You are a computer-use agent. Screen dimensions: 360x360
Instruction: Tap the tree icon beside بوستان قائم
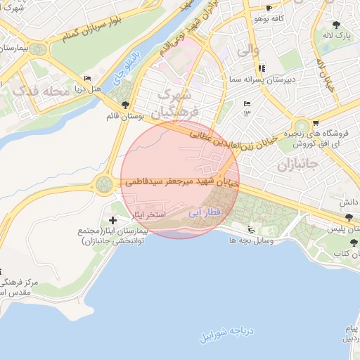[125, 105]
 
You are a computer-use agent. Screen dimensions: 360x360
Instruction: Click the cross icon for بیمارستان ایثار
[113, 221]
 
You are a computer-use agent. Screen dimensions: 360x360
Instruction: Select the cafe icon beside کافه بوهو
[269, 9]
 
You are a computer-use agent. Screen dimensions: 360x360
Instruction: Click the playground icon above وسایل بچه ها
[251, 229]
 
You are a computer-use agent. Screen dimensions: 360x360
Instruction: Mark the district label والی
[248, 51]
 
